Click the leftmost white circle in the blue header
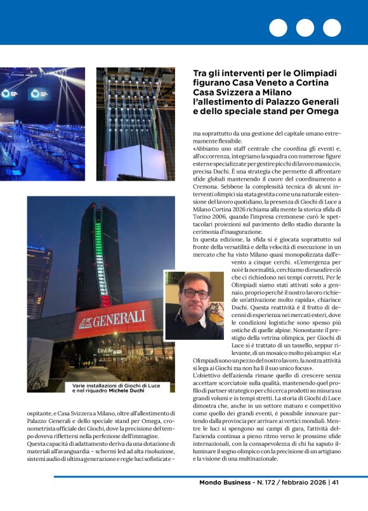278,28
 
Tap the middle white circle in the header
305,28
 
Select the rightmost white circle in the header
332,28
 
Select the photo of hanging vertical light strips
135,122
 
